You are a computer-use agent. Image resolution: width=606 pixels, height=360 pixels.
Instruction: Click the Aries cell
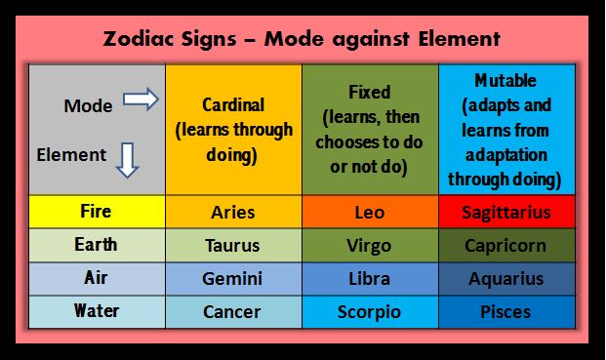coord(233,212)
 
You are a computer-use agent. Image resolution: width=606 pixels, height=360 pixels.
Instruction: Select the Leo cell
coord(370,212)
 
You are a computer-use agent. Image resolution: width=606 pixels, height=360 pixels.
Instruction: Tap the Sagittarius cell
coord(507,212)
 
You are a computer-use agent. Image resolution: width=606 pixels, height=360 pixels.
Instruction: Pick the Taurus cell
coord(233,246)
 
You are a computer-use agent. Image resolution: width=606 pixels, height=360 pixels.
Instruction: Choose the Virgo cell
coord(370,246)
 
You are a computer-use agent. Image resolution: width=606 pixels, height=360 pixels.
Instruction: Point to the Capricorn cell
coord(507,246)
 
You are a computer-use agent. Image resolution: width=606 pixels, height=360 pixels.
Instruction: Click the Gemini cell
coord(233,279)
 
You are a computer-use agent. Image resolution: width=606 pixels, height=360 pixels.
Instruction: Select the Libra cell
coord(370,279)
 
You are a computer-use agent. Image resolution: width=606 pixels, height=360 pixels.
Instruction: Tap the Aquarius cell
coord(507,279)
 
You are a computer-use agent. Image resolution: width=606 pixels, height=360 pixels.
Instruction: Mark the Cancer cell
coord(233,312)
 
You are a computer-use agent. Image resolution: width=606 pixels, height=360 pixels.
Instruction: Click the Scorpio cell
coord(370,312)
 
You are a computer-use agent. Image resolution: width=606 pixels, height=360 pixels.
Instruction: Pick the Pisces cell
coord(507,312)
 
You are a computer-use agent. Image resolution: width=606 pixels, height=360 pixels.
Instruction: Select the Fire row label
coord(96,211)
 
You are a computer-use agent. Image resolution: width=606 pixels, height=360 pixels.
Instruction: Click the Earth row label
coord(96,245)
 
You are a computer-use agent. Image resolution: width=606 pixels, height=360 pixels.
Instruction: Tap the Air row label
coord(96,278)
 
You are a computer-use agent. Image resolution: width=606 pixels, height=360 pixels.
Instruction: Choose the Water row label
coord(96,311)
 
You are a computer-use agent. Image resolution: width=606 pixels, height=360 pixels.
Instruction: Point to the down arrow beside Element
coord(127,157)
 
